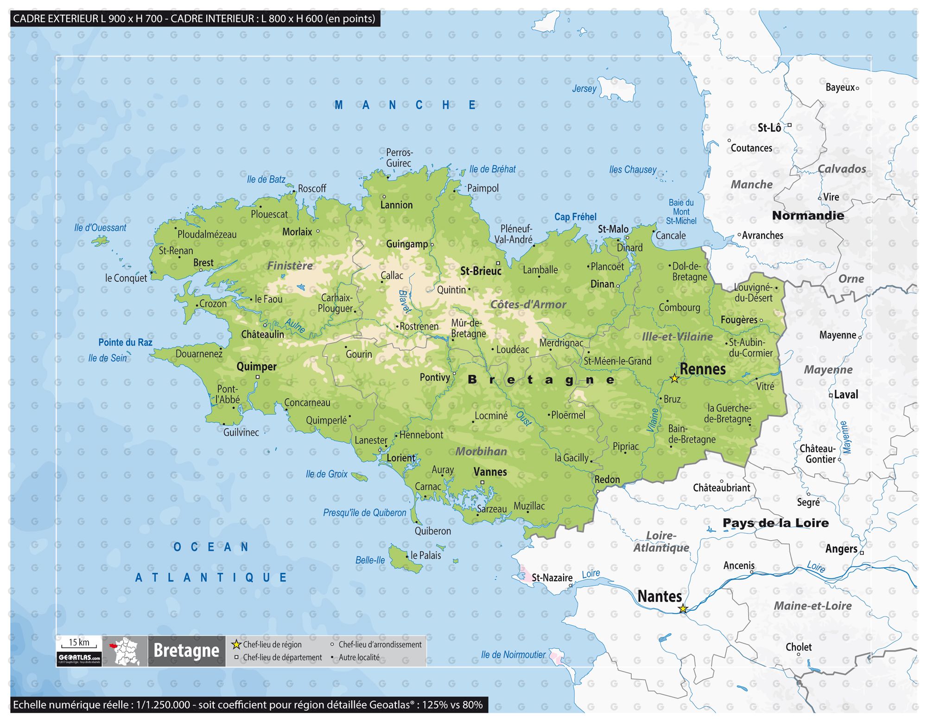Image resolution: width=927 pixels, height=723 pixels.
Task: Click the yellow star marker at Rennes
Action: [x=674, y=379]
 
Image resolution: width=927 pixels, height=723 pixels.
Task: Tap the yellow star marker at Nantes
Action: [x=683, y=609]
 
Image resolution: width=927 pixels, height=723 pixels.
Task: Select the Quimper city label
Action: [x=256, y=367]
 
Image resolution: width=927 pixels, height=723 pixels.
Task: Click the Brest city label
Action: [x=203, y=263]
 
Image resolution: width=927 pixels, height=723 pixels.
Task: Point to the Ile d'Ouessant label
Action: [x=100, y=228]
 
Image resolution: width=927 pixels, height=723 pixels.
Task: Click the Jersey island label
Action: [x=584, y=89]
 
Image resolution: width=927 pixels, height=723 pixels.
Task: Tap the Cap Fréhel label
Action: [x=575, y=217]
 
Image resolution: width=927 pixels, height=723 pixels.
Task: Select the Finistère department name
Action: [x=290, y=266]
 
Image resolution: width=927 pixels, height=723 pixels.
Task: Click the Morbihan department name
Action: [x=481, y=451]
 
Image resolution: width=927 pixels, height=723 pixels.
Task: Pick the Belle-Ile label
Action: [x=370, y=560]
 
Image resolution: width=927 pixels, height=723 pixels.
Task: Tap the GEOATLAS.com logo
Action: [x=79, y=658]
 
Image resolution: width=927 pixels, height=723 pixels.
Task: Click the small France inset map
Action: [x=125, y=651]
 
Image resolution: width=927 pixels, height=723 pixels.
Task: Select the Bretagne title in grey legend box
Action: [x=186, y=651]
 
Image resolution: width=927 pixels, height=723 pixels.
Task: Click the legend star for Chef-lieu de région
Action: [x=236, y=644]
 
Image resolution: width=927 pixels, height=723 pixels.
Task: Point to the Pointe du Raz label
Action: [x=125, y=342]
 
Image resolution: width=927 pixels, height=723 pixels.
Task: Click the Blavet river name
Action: [x=405, y=302]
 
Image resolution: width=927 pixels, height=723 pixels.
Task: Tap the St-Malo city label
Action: [x=613, y=229]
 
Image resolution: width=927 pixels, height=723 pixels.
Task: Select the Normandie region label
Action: [x=808, y=216]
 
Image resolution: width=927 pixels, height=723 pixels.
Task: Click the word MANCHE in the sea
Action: [x=405, y=105]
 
